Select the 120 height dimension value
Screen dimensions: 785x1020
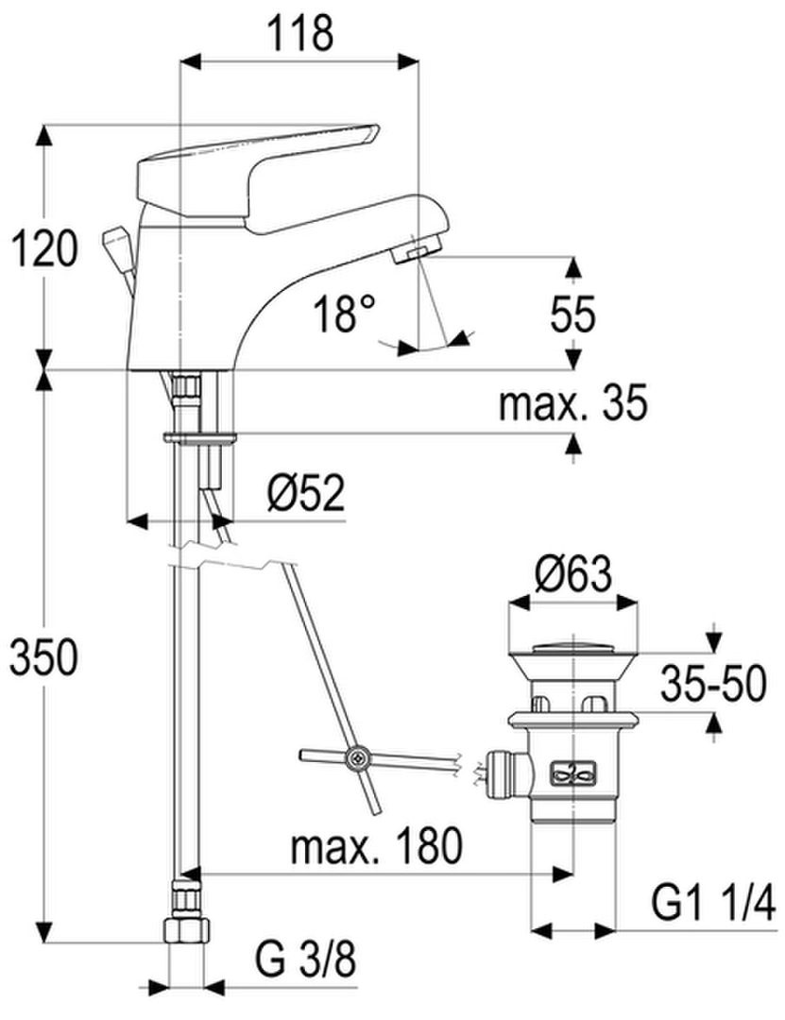point(45,249)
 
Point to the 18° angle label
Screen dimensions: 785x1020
point(344,313)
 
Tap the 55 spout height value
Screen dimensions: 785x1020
point(572,314)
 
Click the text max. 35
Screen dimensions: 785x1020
point(572,402)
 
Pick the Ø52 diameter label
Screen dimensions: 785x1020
point(306,493)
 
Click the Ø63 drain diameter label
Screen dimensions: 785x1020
point(573,574)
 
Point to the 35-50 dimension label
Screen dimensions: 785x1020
point(713,684)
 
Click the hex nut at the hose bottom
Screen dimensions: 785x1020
point(186,929)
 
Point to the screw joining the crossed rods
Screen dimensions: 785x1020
point(359,757)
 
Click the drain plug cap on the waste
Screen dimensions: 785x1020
point(572,647)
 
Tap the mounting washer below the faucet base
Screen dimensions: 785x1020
point(199,437)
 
